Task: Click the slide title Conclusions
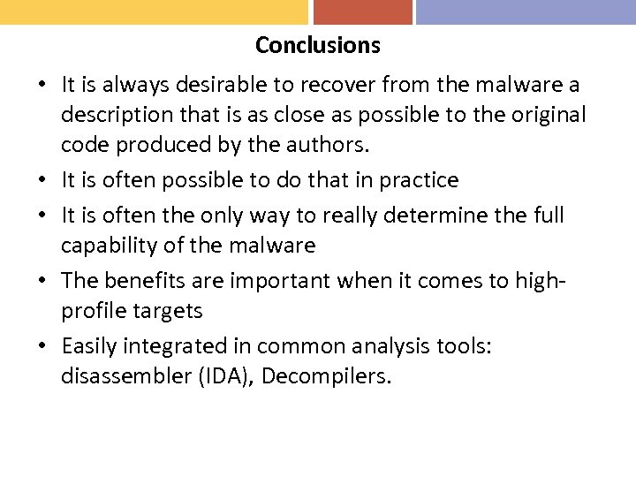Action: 317,45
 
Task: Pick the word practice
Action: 419,180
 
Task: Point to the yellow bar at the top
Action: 154,11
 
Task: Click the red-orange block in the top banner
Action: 363,11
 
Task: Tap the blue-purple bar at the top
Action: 526,11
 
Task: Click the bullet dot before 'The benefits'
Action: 42,281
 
